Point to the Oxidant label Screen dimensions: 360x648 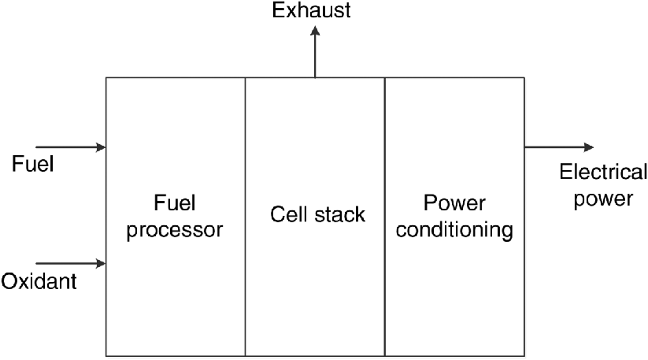39,280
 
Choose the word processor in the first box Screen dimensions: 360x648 175,231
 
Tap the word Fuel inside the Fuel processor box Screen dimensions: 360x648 175,204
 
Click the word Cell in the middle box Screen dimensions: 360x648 287,213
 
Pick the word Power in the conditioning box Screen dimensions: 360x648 454,204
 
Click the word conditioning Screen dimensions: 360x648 454,231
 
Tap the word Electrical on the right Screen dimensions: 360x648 602,173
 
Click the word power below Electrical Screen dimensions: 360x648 602,199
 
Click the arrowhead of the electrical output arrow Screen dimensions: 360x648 588,147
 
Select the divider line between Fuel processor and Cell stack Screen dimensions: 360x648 245,276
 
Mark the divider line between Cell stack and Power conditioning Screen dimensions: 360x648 385,276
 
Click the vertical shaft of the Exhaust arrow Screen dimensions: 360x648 315,57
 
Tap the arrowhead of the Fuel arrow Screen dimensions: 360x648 101,147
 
